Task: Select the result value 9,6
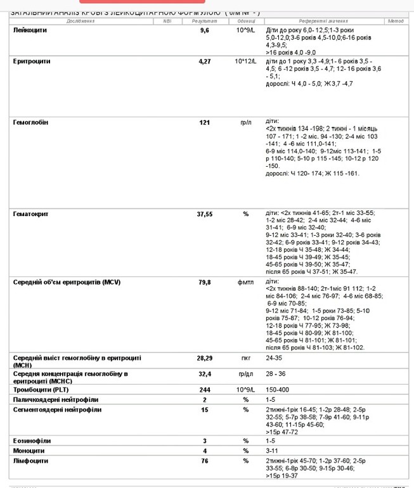[204, 30]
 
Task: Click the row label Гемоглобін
[30, 122]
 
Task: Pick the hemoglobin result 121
[204, 122]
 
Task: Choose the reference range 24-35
[275, 358]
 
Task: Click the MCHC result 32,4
[204, 375]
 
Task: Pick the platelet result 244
[204, 390]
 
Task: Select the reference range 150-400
[278, 390]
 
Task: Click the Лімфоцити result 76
[204, 461]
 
